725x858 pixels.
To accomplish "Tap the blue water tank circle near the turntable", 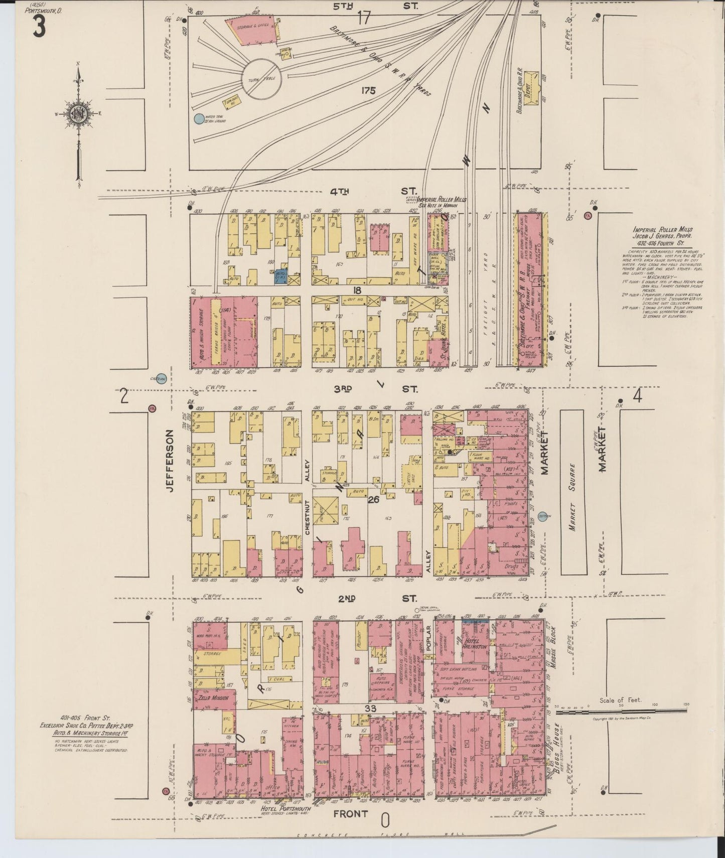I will click(199, 119).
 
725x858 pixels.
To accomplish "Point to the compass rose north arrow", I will click(79, 75).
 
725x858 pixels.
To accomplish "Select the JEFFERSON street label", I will click(169, 460).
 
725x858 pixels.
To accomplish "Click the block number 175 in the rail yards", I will click(368, 91).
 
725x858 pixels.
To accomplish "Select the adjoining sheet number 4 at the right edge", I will click(637, 396).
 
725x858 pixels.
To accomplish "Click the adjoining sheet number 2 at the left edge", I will click(123, 396).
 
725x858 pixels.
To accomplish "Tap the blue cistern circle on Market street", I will click(545, 516).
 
